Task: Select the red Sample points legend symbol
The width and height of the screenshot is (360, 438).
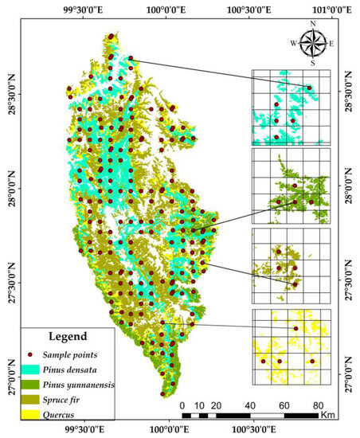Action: (31, 354)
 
